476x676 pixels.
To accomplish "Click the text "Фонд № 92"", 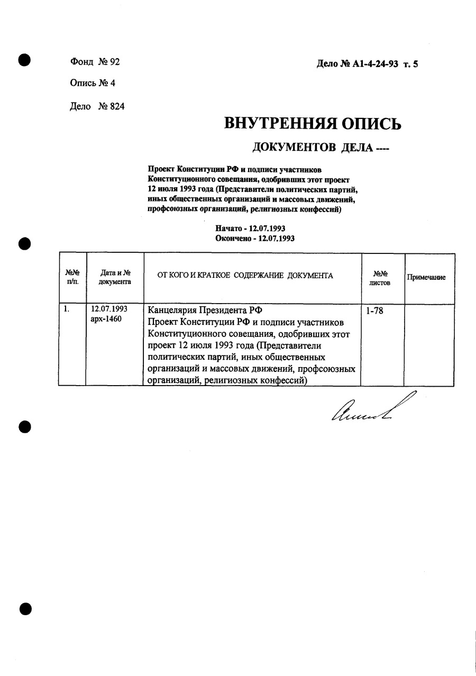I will click(x=95, y=62).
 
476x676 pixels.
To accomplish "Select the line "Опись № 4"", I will click(x=92, y=83).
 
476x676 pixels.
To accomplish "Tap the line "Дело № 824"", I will click(x=97, y=106).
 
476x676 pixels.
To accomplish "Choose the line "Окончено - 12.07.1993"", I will click(x=254, y=238).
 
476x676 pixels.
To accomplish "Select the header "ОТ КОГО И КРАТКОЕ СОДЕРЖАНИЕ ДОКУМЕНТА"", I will click(x=245, y=276).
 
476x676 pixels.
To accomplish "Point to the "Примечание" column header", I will click(x=426, y=277).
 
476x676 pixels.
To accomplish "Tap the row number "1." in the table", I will click(x=66, y=309).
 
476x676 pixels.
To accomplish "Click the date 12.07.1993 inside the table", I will click(x=109, y=309).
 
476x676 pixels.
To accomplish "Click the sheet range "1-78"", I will click(x=374, y=310).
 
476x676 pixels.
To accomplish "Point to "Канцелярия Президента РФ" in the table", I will click(x=205, y=310).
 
